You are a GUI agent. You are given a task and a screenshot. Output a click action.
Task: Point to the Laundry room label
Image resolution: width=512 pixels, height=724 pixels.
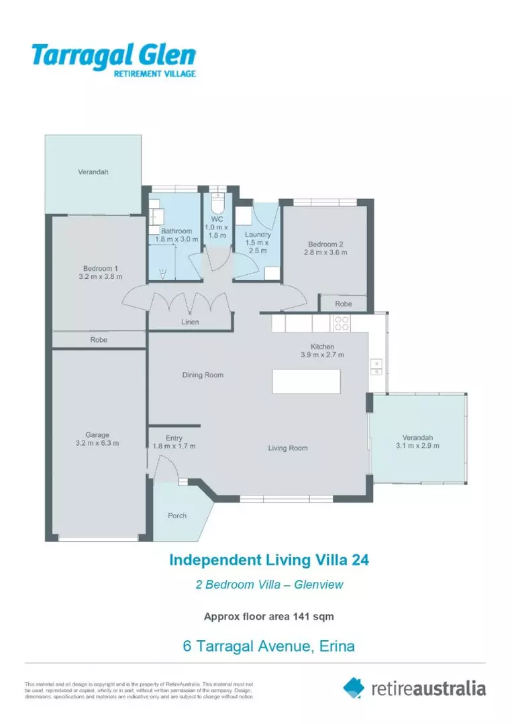[258, 235]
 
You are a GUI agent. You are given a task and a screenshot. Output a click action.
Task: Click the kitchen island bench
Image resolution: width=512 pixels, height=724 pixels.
[306, 381]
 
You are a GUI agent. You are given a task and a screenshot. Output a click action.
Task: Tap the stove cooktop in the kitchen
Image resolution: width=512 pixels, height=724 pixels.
[341, 323]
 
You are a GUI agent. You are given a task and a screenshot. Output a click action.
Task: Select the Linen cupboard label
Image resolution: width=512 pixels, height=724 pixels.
[190, 322]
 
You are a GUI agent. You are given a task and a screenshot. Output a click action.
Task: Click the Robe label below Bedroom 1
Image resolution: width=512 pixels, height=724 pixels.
[99, 340]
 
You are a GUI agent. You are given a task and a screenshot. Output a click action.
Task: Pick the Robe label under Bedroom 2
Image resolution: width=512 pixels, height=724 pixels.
[343, 304]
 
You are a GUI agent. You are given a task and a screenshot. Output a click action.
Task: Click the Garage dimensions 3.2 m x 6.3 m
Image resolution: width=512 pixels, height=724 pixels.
[97, 443]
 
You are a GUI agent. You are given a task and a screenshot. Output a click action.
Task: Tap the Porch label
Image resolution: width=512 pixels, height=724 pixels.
[177, 516]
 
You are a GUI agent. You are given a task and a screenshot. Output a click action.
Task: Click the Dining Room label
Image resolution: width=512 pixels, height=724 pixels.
[203, 375]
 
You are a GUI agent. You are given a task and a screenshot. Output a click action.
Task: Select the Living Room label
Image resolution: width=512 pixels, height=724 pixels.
[288, 448]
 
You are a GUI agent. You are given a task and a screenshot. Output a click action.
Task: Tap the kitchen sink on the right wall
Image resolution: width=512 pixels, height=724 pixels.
[376, 365]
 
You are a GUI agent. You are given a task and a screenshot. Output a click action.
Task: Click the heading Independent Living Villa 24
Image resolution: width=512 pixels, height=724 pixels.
[268, 559]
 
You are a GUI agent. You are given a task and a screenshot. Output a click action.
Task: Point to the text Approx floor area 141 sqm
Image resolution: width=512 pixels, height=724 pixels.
[268, 616]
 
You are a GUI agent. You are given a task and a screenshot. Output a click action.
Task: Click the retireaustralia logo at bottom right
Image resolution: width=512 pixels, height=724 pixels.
[414, 688]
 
